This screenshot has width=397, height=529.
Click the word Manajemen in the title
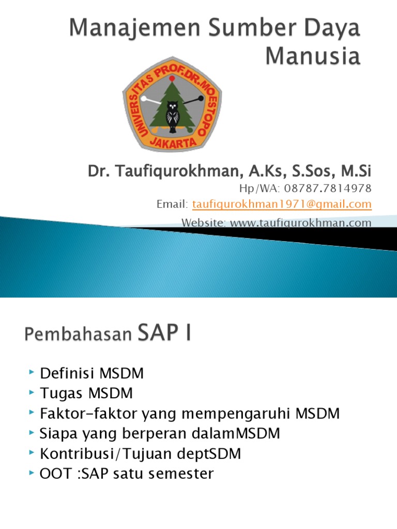pyautogui.click(x=135, y=28)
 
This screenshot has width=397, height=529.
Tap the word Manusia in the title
pyautogui.click(x=313, y=56)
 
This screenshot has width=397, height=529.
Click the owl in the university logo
pyautogui.click(x=173, y=116)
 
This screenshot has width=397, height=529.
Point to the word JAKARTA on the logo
pyautogui.click(x=173, y=143)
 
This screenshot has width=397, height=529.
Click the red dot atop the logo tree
pyautogui.click(x=172, y=79)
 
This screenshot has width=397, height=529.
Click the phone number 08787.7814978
pyautogui.click(x=327, y=188)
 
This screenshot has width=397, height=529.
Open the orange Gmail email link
pyautogui.click(x=282, y=205)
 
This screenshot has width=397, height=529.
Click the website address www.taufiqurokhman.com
pyautogui.click(x=300, y=223)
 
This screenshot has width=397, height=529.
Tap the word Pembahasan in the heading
pyautogui.click(x=78, y=334)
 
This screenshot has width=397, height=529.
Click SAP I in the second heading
pyautogui.click(x=164, y=332)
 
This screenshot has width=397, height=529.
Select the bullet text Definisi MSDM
pyautogui.click(x=92, y=374)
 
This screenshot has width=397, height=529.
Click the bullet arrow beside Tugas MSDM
pyautogui.click(x=32, y=392)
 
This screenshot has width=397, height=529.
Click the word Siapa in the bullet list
pyautogui.click(x=58, y=434)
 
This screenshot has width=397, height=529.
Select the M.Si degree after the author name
pyautogui.click(x=356, y=171)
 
